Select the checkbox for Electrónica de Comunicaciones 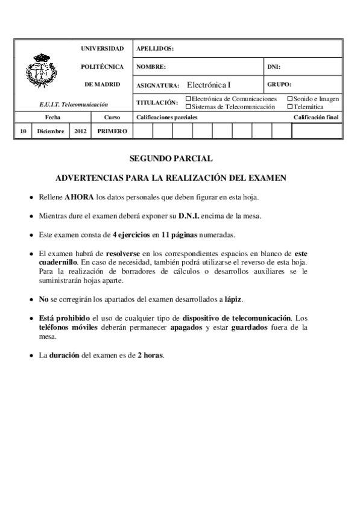[188, 98]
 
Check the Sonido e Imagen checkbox [290, 98]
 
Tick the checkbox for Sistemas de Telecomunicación [188, 106]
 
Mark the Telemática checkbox [290, 106]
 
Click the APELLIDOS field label [156, 48]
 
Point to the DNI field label [273, 66]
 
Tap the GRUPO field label [279, 84]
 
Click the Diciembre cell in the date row [51, 131]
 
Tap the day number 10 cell [22, 131]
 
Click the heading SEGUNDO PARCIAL [171, 159]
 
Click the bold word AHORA [80, 197]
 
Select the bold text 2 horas [150, 355]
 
